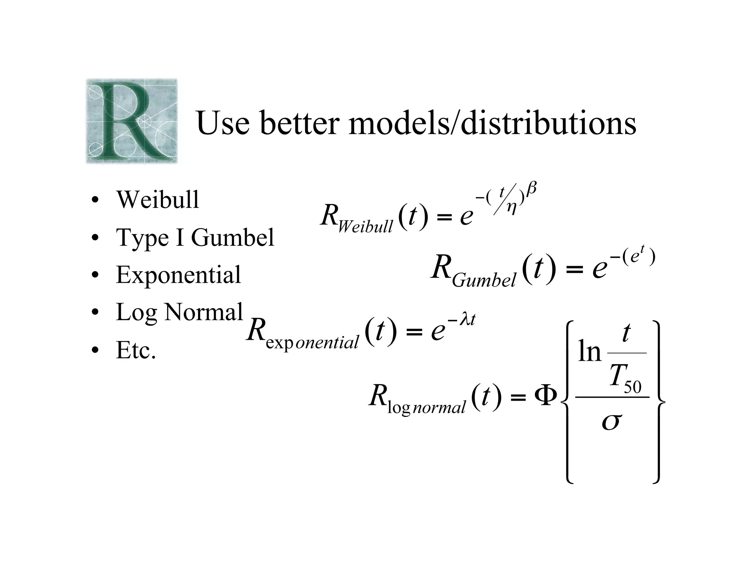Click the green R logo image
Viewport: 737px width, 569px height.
coord(132,121)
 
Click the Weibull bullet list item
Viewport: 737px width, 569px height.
coord(157,200)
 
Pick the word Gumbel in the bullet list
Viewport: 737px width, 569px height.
coord(232,237)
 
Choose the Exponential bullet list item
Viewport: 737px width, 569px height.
coord(178,275)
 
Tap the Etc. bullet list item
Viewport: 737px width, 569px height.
coord(136,350)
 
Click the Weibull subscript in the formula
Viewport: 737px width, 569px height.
coord(365,226)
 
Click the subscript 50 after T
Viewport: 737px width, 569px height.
coord(632,387)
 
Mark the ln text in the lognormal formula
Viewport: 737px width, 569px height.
coord(589,351)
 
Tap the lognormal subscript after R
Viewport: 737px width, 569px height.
coord(426,408)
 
